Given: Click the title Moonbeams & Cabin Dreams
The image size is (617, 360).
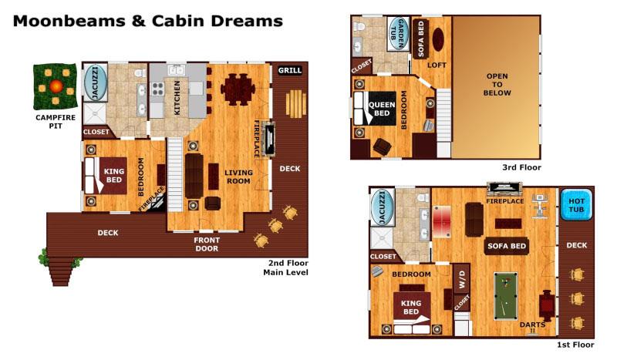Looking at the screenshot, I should click(147, 20).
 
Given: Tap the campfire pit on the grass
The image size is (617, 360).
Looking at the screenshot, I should click(53, 86).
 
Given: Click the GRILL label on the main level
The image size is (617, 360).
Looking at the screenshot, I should click(290, 71).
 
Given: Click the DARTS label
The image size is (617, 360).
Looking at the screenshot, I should click(532, 325).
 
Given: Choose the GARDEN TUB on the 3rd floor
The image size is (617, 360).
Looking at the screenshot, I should click(398, 33).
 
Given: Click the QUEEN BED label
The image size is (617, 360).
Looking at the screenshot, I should click(382, 109).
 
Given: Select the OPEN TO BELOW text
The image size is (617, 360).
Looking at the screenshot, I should click(497, 84).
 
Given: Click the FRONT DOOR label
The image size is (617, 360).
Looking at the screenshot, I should click(206, 244).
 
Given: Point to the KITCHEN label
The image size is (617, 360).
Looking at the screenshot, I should click(177, 98).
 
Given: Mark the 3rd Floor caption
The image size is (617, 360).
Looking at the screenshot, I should click(521, 167).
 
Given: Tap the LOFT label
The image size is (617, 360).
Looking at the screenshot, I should click(437, 66).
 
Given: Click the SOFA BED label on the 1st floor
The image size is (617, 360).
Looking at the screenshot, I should click(506, 247).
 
